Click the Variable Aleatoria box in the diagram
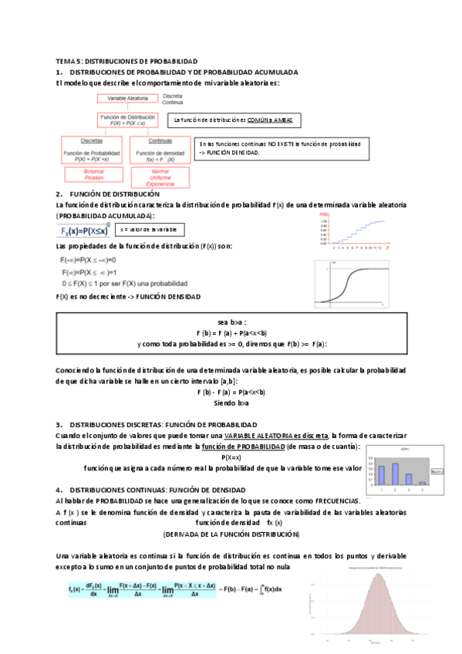pyautogui.click(x=127, y=99)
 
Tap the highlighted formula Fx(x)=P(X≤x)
pyautogui.click(x=84, y=230)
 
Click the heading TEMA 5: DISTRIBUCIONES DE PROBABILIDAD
pyautogui.click(x=127, y=60)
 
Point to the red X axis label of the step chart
pyautogui.click(x=388, y=248)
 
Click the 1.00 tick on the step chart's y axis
pyautogui.click(x=324, y=221)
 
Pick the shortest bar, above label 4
pyautogui.click(x=421, y=484)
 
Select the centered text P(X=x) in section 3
pyautogui.click(x=231, y=457)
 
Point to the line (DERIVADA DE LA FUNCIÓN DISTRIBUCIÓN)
pyautogui.click(x=231, y=534)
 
